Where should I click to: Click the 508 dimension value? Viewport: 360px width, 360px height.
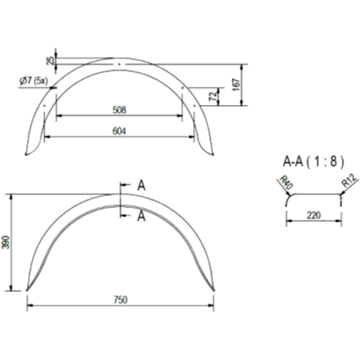click(x=120, y=110)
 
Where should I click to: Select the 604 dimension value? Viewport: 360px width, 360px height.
click(x=120, y=131)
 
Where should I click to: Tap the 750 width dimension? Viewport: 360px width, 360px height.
click(x=121, y=300)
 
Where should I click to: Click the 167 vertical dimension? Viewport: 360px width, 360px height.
click(x=236, y=85)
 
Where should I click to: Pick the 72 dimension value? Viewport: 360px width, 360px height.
click(x=213, y=96)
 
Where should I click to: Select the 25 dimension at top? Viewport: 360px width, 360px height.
click(x=51, y=60)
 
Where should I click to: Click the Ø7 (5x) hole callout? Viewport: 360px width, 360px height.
click(x=34, y=81)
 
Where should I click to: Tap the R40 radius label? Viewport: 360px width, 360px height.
click(x=285, y=182)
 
